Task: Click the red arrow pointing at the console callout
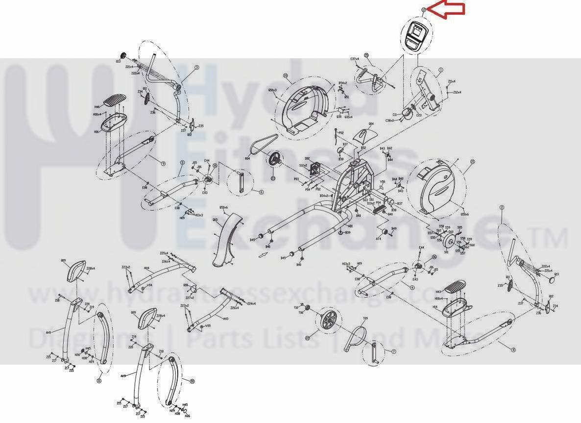(446, 10)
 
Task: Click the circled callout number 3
(196, 68)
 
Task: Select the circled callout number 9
(163, 163)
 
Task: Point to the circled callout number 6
(262, 192)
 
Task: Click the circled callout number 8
(513, 349)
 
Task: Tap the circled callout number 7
(393, 351)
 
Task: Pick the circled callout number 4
(412, 287)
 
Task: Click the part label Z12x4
(457, 92)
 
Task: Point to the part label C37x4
(355, 59)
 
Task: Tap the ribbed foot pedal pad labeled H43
(456, 285)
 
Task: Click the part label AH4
(146, 268)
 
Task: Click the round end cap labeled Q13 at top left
(122, 55)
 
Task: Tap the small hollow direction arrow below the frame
(264, 254)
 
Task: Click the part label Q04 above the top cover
(371, 124)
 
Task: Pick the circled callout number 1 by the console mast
(440, 70)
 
